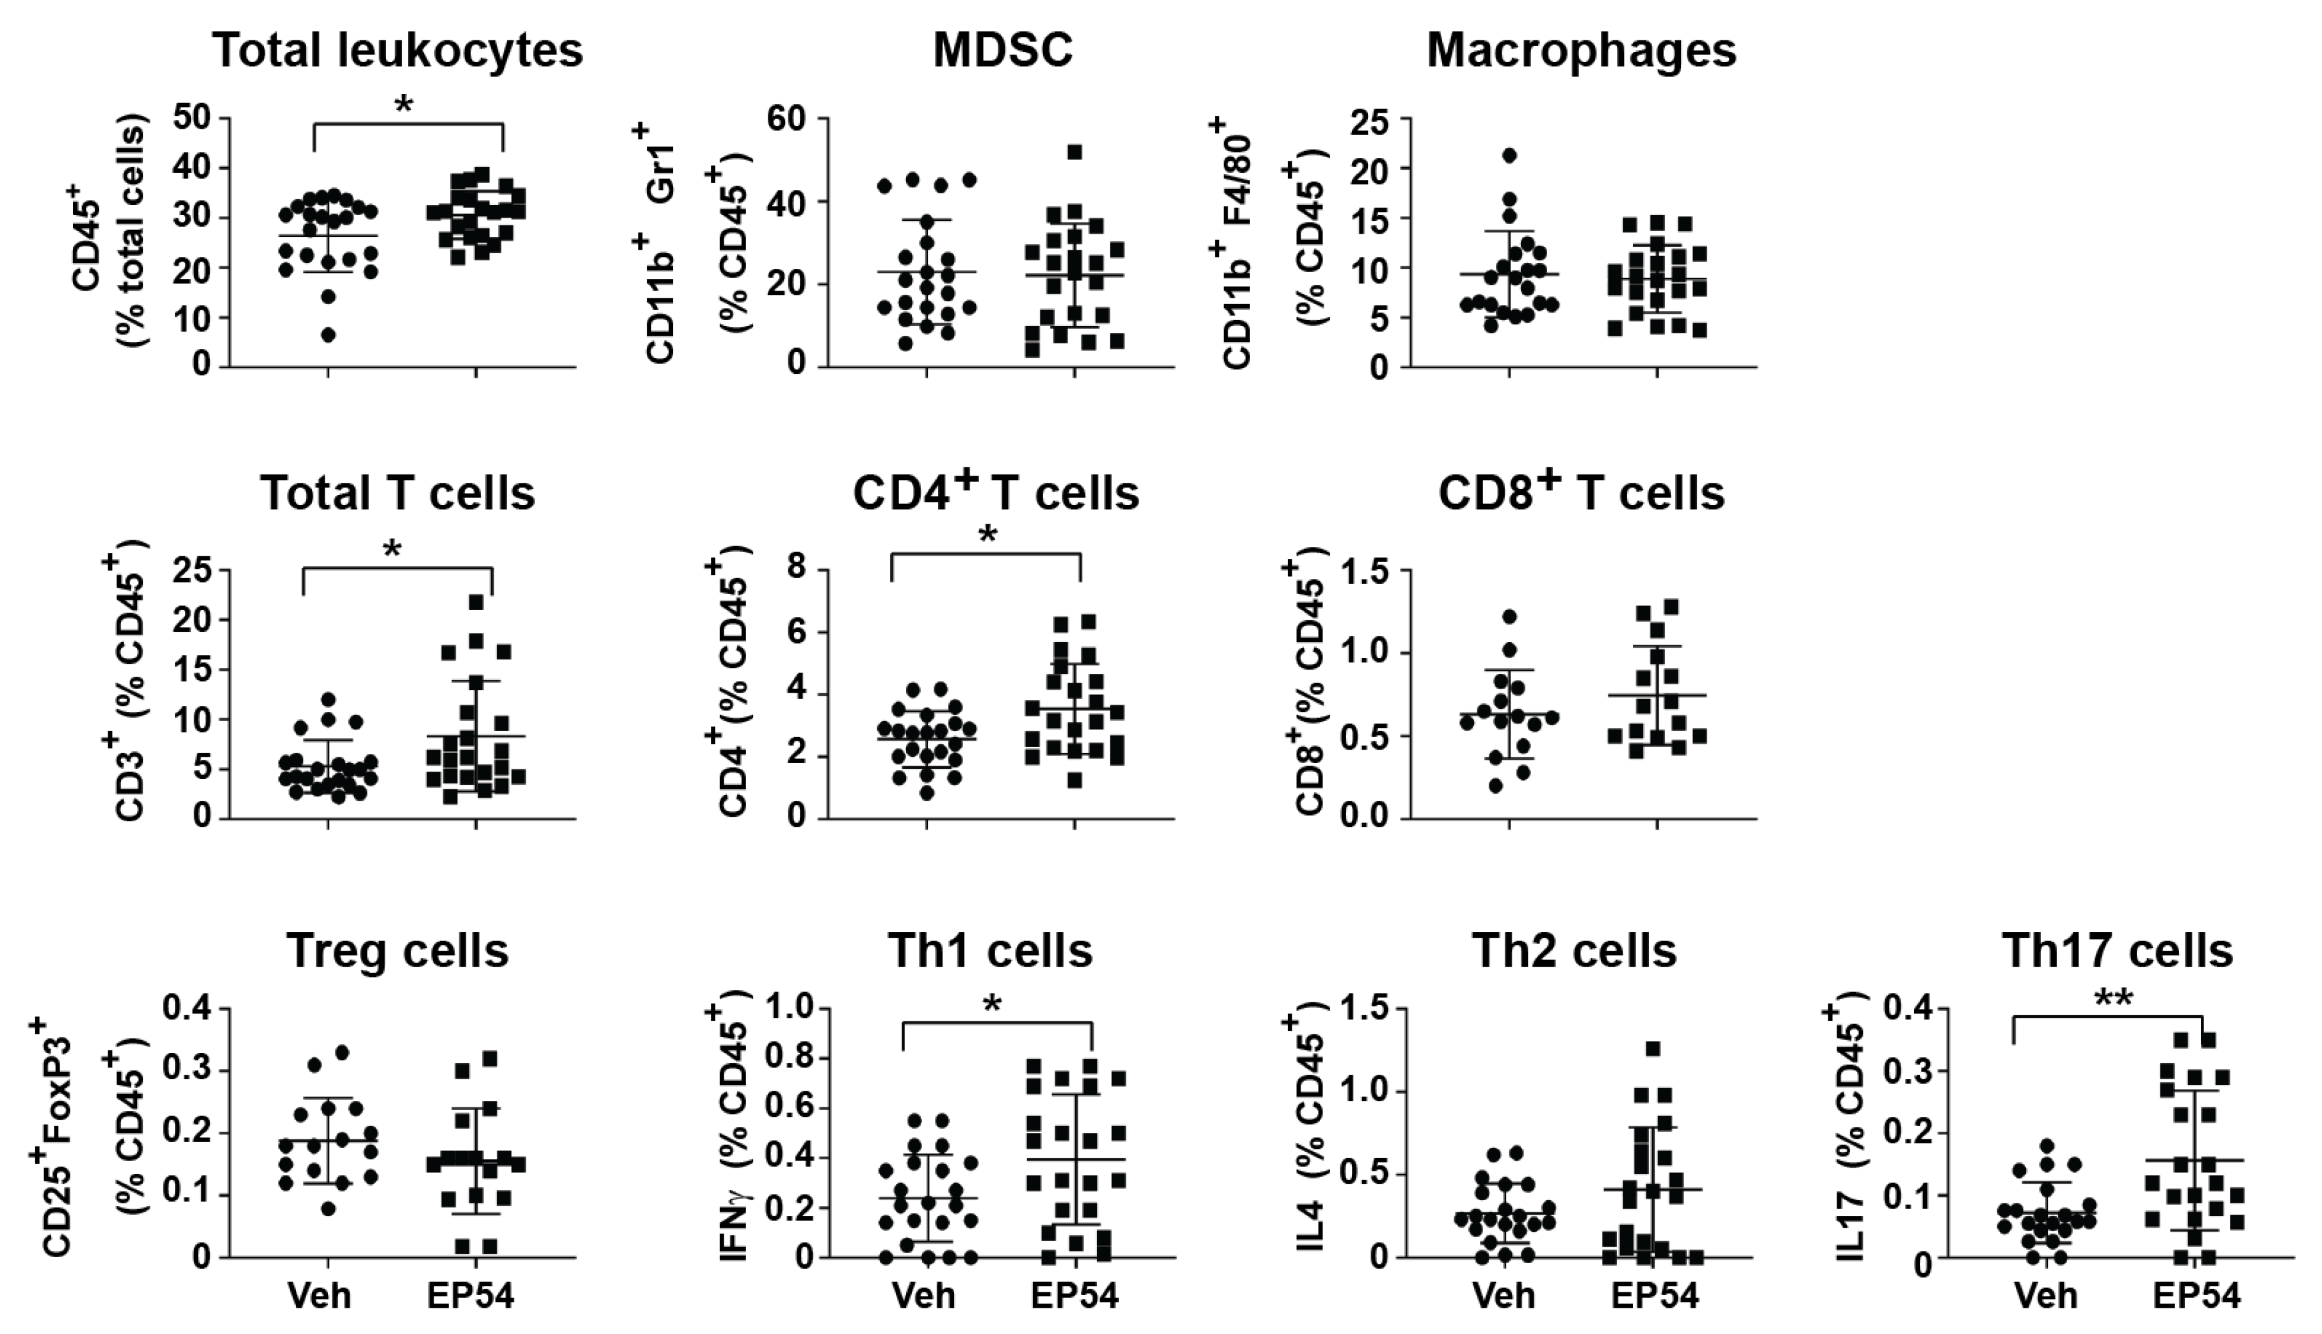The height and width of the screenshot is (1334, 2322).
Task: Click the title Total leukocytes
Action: tap(398, 51)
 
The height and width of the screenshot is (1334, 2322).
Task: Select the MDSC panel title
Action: tap(1002, 51)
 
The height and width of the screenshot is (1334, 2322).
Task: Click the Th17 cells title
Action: tap(2116, 951)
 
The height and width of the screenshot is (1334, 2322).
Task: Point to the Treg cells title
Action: tap(398, 951)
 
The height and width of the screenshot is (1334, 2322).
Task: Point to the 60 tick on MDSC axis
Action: tap(788, 119)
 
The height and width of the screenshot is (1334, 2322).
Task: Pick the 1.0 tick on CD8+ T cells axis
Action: tap(1363, 652)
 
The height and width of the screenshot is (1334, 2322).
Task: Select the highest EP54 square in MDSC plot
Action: tap(1075, 151)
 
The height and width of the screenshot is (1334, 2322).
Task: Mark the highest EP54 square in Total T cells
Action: tap(476, 602)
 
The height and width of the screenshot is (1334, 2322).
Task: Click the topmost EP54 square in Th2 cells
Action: tap(1653, 1048)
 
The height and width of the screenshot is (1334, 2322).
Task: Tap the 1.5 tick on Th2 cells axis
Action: tap(1363, 1009)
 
